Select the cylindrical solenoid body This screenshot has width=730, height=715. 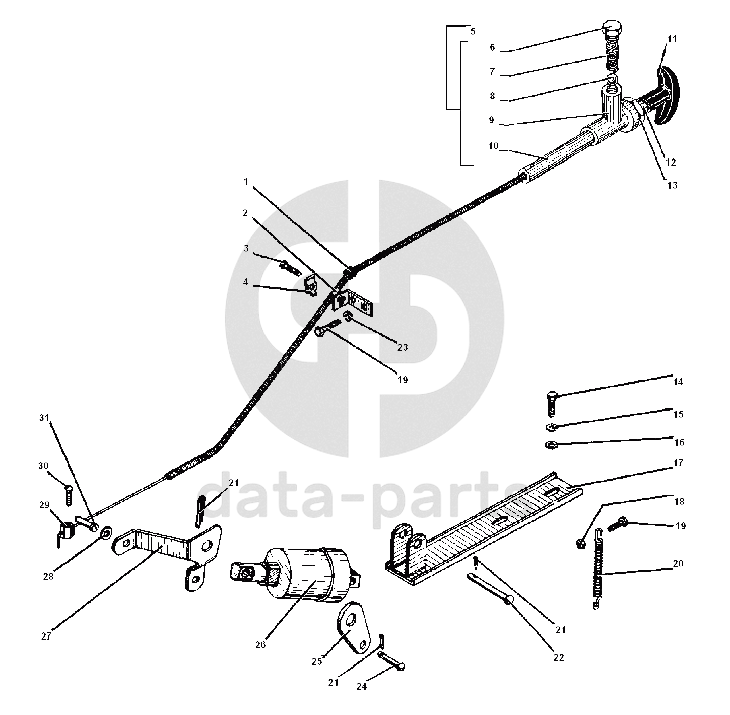[x=310, y=574]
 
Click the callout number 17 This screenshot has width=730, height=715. [x=678, y=463]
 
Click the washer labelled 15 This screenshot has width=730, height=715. [x=551, y=427]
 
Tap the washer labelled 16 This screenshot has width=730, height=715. [x=551, y=445]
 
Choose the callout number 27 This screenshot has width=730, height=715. [x=46, y=636]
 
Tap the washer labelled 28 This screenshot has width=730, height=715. [x=106, y=532]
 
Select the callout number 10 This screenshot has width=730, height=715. [x=493, y=146]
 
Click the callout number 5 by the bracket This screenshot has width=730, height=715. [x=472, y=31]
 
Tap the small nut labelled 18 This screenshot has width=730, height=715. [x=580, y=543]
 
